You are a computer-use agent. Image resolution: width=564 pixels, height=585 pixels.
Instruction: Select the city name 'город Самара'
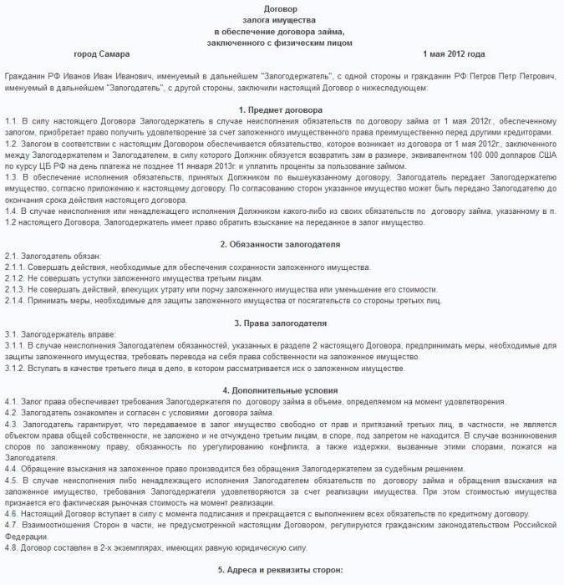[x=101, y=54]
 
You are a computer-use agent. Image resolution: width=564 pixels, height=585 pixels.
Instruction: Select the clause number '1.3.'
[x=12, y=177]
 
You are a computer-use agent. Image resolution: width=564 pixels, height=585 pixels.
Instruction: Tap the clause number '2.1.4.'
[x=15, y=300]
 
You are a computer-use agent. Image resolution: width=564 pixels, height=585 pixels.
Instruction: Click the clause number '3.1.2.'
[x=15, y=368]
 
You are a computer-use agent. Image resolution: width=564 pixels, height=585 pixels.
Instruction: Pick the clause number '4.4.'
[x=12, y=469]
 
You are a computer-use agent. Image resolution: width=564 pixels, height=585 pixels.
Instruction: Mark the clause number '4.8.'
[x=12, y=547]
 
